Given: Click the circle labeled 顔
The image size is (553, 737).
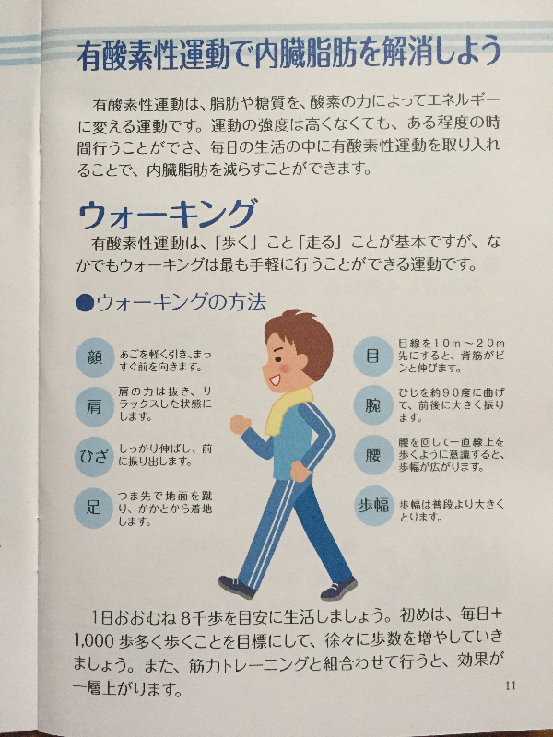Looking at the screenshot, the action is (95, 357).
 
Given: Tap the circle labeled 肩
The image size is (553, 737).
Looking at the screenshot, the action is (95, 407).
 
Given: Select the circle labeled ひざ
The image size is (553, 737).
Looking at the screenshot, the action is (94, 457).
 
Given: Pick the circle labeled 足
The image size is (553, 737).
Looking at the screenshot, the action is (93, 509).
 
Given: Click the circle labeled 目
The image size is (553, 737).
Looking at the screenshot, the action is (373, 357).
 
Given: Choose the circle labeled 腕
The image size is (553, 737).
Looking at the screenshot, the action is (373, 405).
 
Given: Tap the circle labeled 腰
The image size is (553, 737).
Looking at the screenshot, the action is (373, 455).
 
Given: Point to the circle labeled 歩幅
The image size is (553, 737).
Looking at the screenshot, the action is (373, 506).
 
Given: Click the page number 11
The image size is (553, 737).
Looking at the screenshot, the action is (511, 685).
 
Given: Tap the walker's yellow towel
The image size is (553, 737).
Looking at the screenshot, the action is (286, 410).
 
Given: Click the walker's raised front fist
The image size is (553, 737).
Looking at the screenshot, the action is (240, 425).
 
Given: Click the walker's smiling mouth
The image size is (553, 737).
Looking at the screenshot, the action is (275, 379).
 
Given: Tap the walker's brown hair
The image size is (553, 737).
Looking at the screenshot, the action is (302, 337).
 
